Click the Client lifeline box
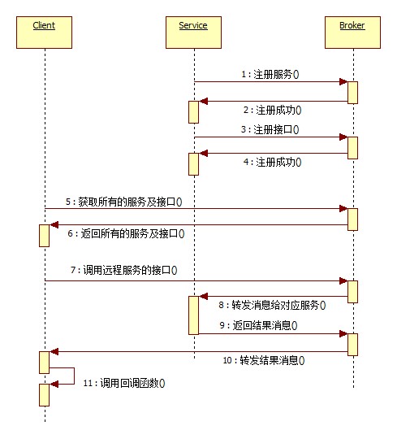coord(44,33)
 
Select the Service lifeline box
coord(193,33)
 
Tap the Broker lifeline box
coord(352,33)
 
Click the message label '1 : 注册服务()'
coord(270,75)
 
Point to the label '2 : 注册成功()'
coord(272,110)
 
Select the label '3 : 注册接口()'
coord(270,129)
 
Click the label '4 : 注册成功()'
coord(272,162)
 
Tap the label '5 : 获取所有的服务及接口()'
coord(124,202)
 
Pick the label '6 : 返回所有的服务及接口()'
coord(126,233)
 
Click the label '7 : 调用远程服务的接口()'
coord(124,270)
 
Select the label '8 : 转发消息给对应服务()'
coord(272,305)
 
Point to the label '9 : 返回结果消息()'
coord(258,325)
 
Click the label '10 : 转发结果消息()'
coord(264,360)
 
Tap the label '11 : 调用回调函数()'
coord(124,383)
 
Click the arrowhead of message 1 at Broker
coord(343,82)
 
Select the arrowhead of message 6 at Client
coord(54,224)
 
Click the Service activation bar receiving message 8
coord(193,315)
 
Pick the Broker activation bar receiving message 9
coord(352,345)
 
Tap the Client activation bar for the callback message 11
coord(44,395)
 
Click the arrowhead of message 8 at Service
coord(203,296)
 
